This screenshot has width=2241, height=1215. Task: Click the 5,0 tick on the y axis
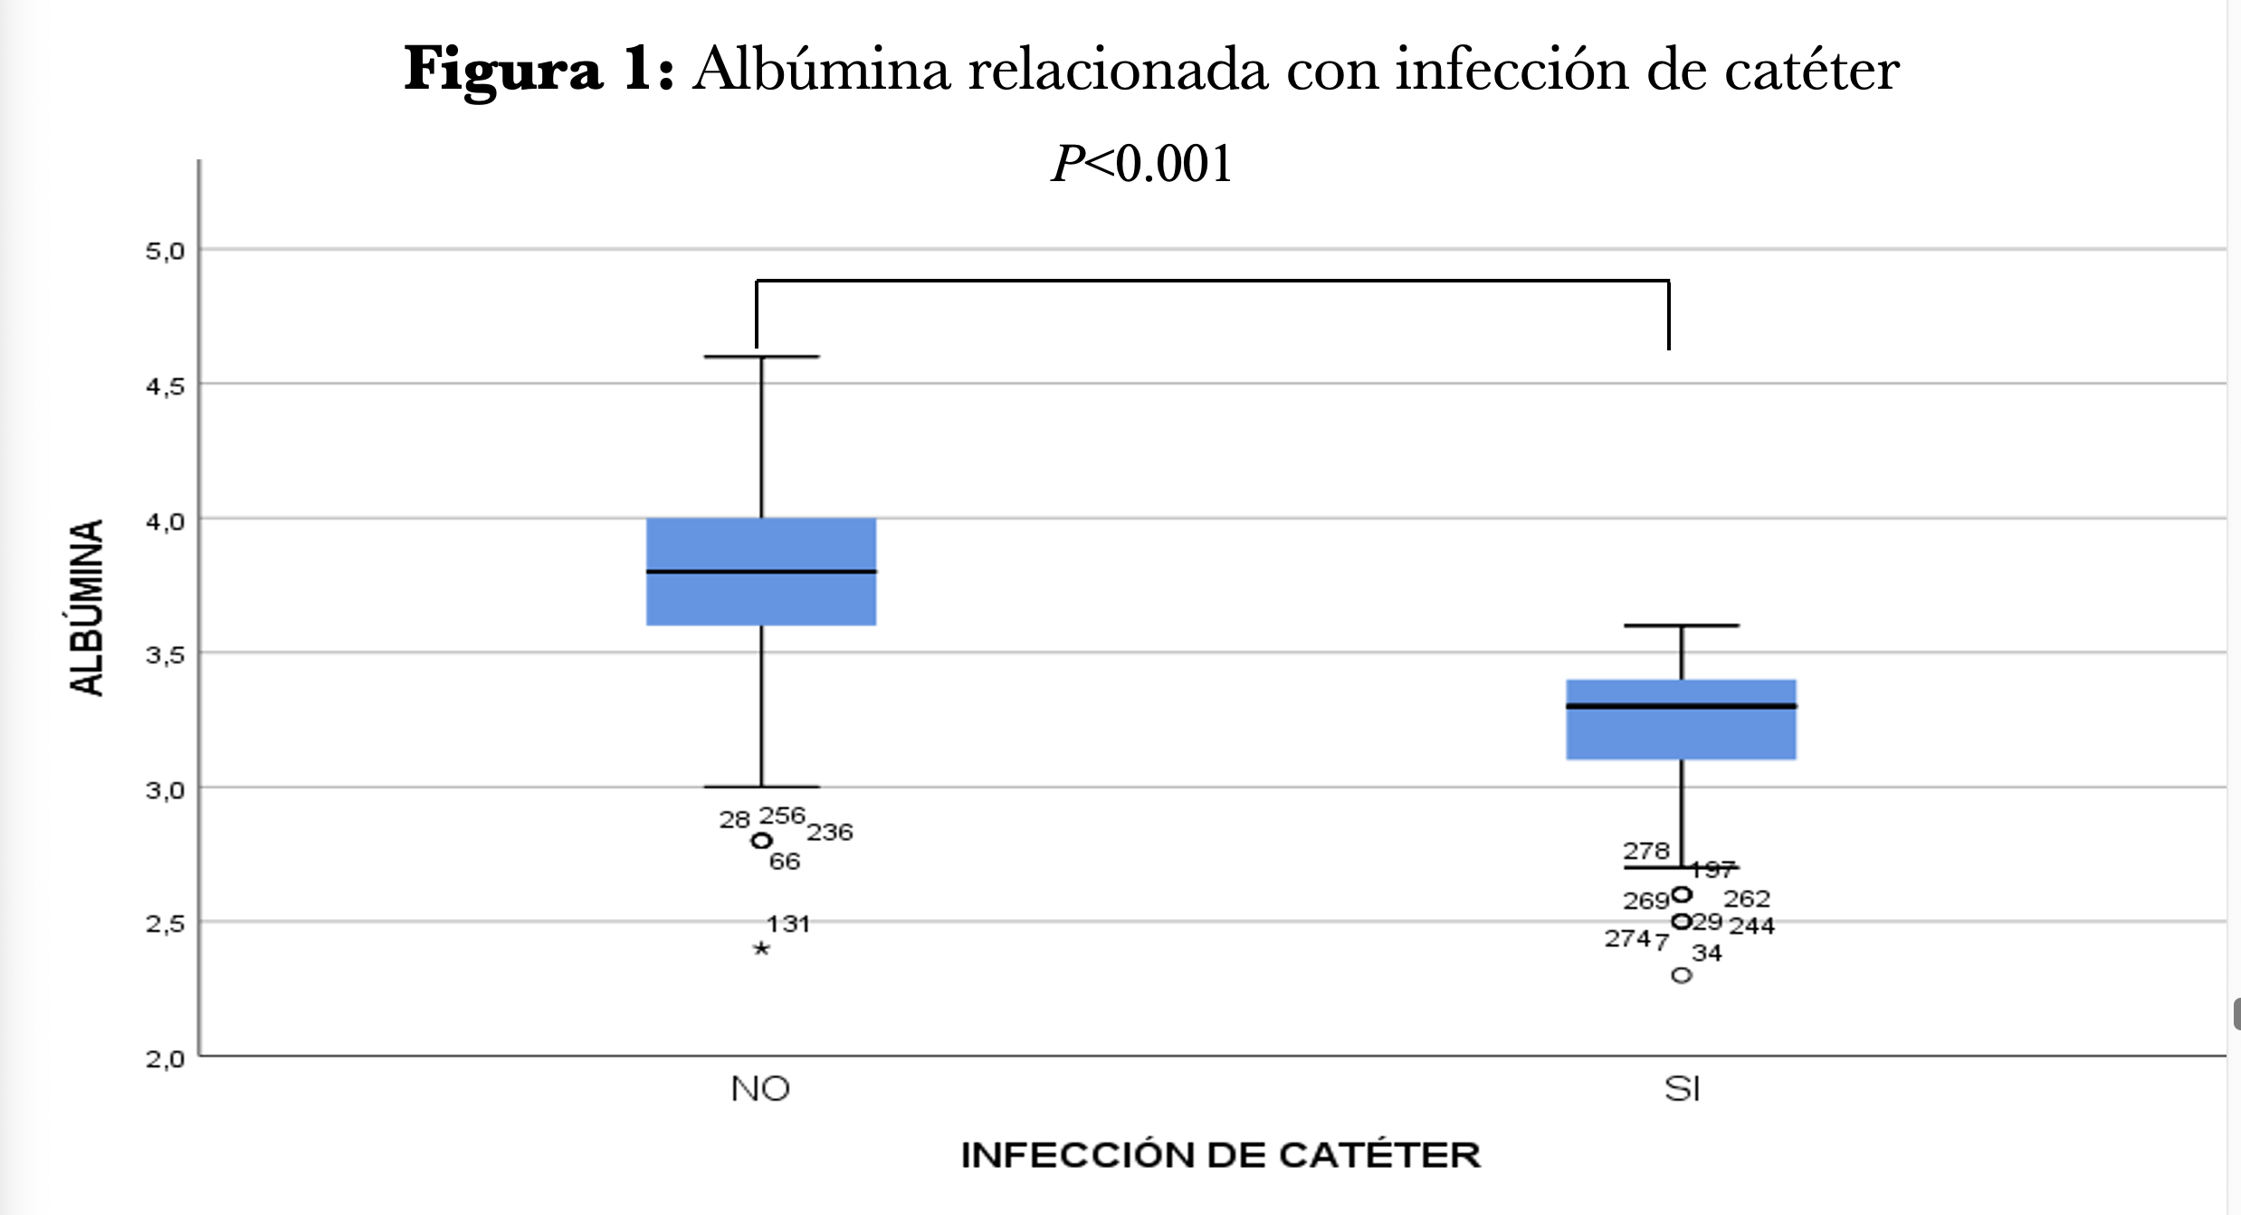[165, 251]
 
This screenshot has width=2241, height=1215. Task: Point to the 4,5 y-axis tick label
[165, 387]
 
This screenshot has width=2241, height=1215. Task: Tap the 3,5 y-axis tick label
[165, 655]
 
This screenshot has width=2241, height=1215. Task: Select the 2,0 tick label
[165, 1058]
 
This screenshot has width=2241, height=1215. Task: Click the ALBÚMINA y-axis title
[87, 607]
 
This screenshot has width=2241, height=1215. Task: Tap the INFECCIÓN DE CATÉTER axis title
[1220, 1155]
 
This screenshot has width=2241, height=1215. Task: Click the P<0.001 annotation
[1141, 164]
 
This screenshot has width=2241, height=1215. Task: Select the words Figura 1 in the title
[539, 70]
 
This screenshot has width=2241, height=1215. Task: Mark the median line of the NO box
[761, 571]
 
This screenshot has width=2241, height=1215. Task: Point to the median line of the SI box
[1681, 705]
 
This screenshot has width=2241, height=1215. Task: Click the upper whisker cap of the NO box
[761, 357]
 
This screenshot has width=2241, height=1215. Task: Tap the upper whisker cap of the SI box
[1681, 626]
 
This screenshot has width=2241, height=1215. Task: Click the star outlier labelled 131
[761, 948]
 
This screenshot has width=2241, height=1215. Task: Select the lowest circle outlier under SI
[1681, 975]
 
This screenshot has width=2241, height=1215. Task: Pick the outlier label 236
[830, 832]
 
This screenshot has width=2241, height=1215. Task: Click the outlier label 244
[1751, 926]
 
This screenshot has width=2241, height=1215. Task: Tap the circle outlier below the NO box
[761, 841]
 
